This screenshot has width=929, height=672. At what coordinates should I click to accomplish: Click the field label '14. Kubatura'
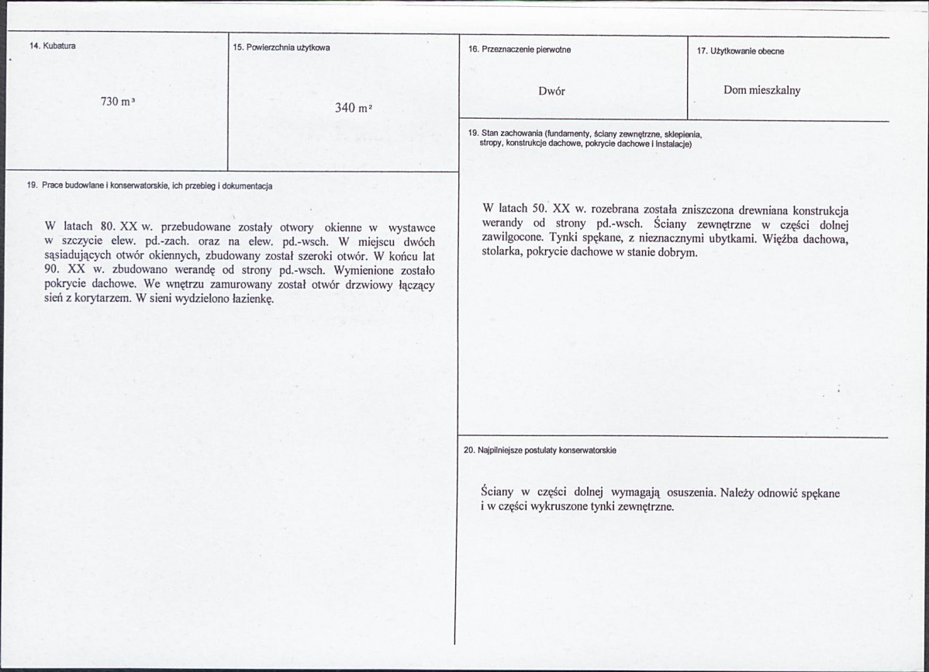pos(52,46)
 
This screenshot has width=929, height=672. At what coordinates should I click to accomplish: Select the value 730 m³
pos(118,102)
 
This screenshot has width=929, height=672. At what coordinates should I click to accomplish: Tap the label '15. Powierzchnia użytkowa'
pos(281,47)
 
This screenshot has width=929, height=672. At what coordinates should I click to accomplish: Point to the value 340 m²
pos(354,108)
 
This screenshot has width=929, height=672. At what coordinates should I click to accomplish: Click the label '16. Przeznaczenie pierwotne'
pos(519,50)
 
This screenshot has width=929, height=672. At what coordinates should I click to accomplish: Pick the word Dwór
pos(551,91)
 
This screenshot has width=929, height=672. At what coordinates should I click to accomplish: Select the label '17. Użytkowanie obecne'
pos(740,51)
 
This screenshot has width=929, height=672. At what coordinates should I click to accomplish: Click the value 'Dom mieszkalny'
pos(762,90)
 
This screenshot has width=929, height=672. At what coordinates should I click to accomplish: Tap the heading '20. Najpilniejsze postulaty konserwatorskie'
pos(539,450)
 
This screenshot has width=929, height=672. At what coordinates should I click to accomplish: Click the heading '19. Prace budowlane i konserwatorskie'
pos(149,185)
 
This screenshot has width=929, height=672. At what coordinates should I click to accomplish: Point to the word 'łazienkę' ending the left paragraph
pos(250,298)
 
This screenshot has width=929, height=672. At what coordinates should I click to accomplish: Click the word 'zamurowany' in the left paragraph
pos(221,284)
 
